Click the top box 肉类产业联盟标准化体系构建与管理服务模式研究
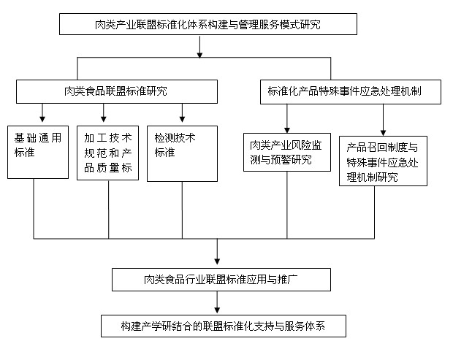point(208,25)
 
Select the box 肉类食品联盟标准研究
point(117,91)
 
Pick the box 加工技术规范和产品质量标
point(107,151)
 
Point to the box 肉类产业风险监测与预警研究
point(286,151)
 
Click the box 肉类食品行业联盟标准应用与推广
point(222,278)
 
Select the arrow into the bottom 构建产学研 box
point(217,309)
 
